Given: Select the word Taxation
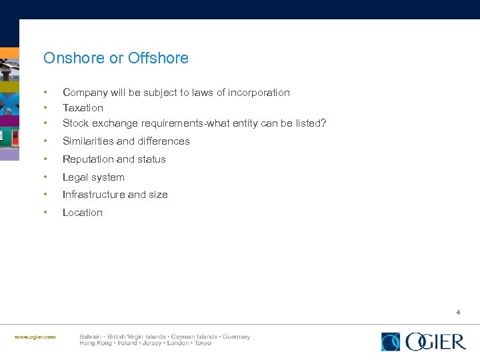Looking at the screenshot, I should coord(83,107).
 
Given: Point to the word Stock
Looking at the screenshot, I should coord(75,123).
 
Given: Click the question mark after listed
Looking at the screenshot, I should coord(323,123).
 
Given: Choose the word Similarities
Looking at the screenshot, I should coord(88,141).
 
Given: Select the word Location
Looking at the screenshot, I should coord(83,213).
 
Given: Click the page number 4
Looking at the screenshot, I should coord(458,312).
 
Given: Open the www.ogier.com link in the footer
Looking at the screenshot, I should coord(35,337).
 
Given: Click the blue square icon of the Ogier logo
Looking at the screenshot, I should coord(391,341).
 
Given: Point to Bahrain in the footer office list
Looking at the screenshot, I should coord(91,337).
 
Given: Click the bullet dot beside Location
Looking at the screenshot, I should coord(45,213).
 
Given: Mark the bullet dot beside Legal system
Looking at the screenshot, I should coord(45,177).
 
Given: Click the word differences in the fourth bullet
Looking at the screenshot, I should coord(163,141).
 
